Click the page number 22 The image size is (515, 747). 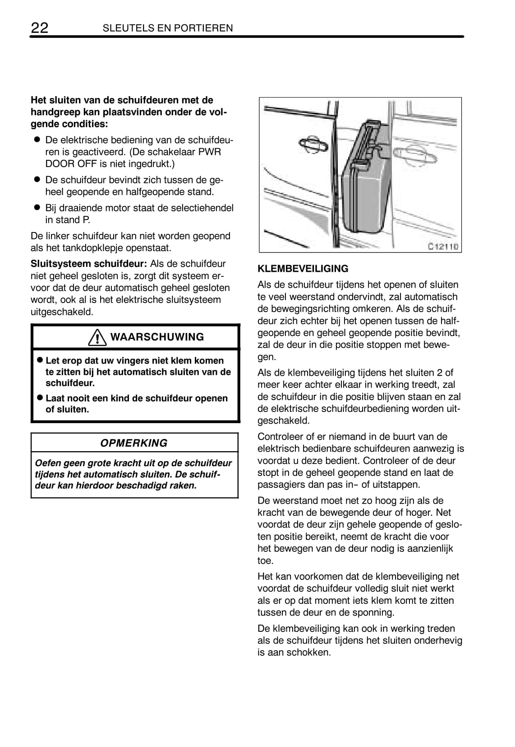click(39, 28)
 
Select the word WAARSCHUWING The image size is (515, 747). click(157, 337)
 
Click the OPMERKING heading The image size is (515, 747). click(133, 443)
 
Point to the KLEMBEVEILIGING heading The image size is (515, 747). click(303, 269)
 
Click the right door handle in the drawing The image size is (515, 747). click(415, 156)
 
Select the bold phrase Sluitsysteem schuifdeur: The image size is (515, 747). click(89, 264)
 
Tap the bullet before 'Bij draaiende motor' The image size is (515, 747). click(37, 208)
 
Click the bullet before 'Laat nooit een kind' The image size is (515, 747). click(40, 398)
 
